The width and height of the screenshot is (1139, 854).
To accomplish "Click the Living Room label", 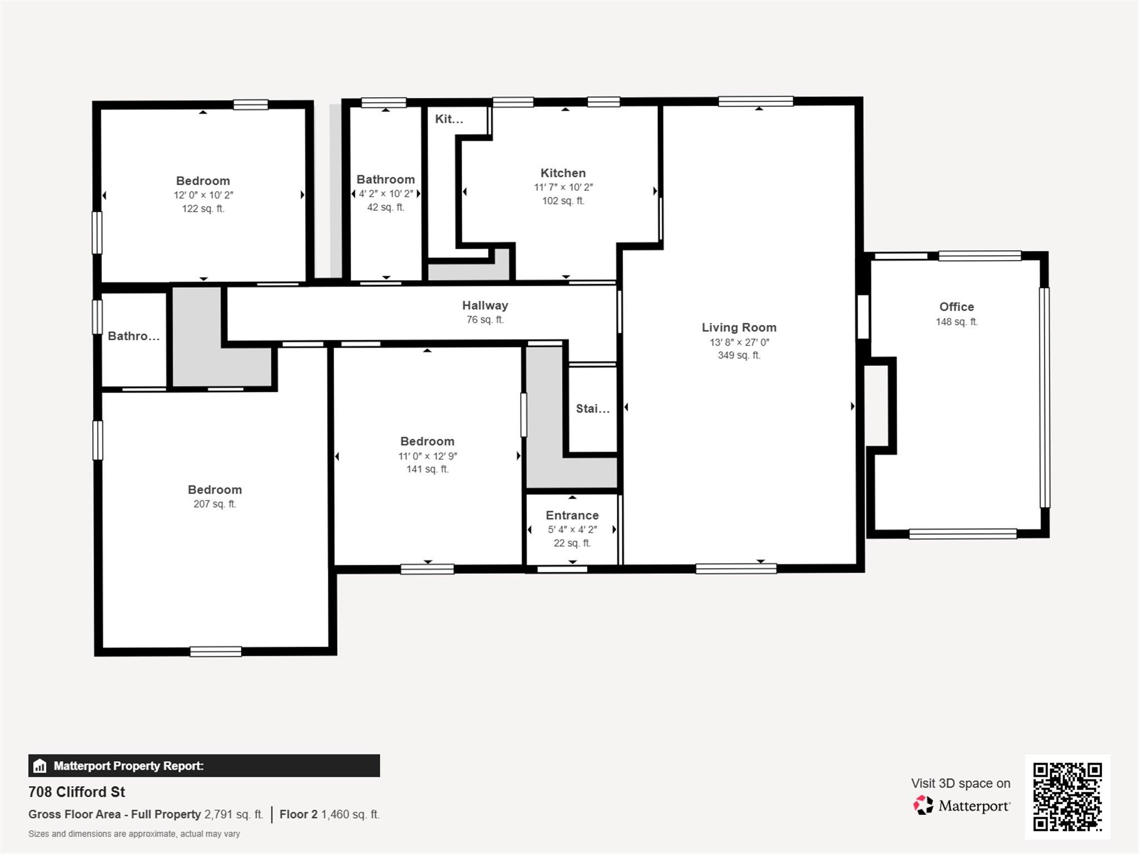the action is [x=739, y=327].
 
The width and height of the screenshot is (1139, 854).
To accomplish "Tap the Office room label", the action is [x=957, y=307].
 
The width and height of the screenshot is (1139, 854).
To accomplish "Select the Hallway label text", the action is [x=485, y=305].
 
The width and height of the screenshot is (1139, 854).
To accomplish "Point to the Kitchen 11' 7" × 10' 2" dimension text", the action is [x=563, y=187].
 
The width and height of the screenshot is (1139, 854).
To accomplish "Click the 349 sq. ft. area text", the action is [x=739, y=355].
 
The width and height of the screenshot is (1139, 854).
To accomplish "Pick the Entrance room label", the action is [x=572, y=515].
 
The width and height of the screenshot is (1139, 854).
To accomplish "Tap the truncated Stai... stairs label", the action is [x=593, y=409].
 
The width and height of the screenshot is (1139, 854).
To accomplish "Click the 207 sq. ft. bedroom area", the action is [x=215, y=504].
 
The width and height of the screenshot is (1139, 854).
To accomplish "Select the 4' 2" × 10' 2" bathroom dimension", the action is [x=385, y=193].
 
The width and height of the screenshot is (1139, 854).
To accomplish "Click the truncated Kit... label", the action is [x=449, y=119].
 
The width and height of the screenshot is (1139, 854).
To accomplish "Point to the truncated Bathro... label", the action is [x=133, y=336].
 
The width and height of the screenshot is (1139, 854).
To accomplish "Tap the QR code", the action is [x=1067, y=797].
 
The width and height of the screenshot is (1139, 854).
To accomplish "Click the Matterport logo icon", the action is [x=923, y=805].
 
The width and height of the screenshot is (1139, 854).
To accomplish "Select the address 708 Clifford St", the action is [x=77, y=792].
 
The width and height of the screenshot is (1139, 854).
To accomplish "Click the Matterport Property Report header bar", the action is [x=204, y=766].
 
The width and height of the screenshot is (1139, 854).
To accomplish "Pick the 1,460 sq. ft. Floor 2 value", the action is [x=350, y=815].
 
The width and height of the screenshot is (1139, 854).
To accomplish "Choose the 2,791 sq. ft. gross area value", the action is [x=234, y=815].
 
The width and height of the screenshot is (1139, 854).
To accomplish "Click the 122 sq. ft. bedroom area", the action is [x=203, y=209].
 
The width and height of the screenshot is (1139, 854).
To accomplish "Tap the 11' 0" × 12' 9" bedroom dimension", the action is [x=427, y=456].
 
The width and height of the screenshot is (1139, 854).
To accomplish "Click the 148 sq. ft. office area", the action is [x=957, y=322].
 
